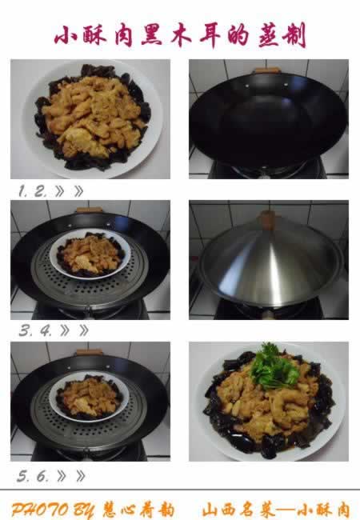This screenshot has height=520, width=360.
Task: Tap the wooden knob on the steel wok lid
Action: point(267,218)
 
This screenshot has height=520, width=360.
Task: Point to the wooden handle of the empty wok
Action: point(267,70)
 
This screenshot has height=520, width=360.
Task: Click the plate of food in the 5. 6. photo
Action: point(89,398)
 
